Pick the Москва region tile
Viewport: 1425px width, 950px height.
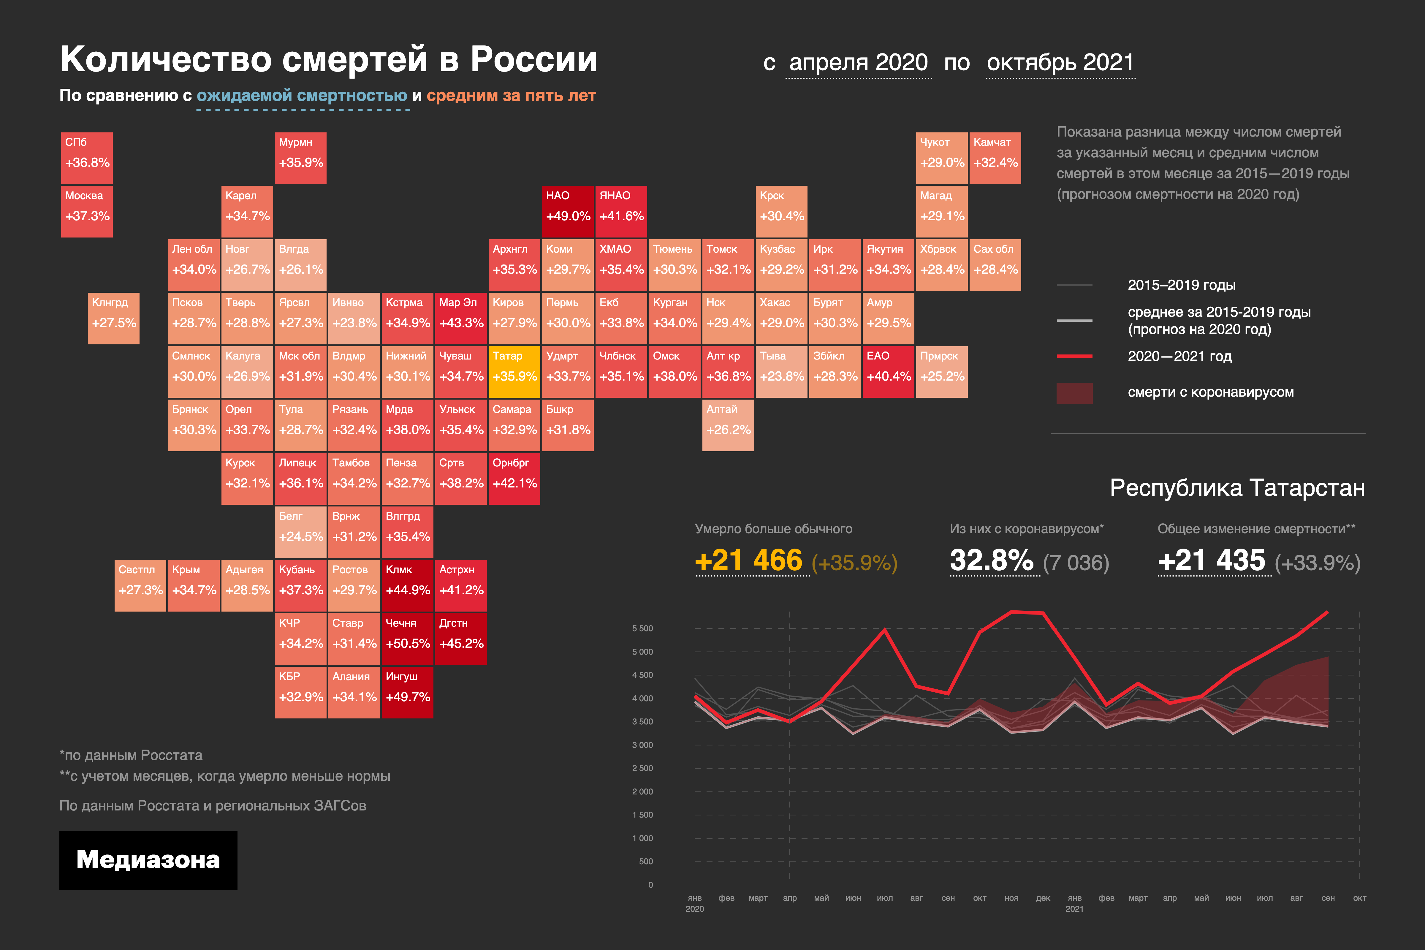pos(87,211)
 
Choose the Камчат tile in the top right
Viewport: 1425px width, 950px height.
pos(995,158)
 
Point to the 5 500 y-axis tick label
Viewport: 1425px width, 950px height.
pos(642,628)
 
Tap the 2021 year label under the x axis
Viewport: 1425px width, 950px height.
pos(1074,909)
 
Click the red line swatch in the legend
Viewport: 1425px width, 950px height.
pos(1074,356)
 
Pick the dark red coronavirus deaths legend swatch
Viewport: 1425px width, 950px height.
pos(1074,392)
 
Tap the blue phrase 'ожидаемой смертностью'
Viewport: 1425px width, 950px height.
pos(302,96)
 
